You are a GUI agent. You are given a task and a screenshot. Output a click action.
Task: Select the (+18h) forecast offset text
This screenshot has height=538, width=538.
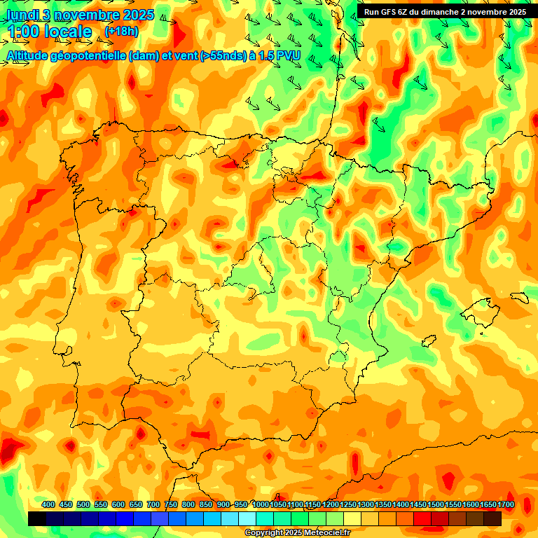(x=122, y=31)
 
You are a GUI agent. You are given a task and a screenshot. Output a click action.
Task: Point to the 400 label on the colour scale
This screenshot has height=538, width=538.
(x=48, y=505)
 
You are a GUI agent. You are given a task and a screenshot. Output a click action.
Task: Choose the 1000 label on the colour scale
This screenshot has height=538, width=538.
(x=261, y=505)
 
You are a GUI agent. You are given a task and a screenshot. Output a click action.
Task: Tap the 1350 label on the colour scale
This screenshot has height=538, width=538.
(x=384, y=505)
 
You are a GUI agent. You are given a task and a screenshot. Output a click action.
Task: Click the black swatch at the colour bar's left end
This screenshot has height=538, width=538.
(x=37, y=518)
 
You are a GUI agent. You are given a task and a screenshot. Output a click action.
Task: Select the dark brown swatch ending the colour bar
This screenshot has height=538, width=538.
(x=492, y=518)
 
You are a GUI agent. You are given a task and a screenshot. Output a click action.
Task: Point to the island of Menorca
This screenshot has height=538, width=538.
(x=520, y=297)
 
